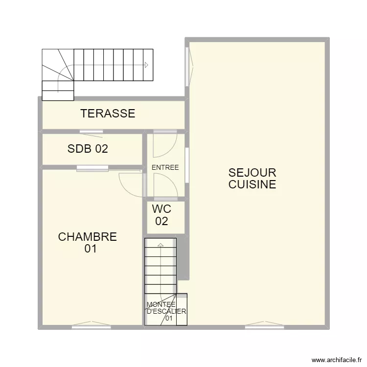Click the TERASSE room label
(x=108, y=114)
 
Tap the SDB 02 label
(x=88, y=149)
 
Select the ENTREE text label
(x=165, y=167)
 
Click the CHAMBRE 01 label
(x=88, y=243)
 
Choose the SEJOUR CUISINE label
(x=252, y=179)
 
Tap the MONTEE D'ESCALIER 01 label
(x=166, y=311)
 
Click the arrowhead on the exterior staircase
(x=146, y=65)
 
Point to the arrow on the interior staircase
(x=160, y=245)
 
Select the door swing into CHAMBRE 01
(x=131, y=183)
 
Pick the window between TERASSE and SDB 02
(x=92, y=131)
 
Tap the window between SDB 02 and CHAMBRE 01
(x=92, y=168)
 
